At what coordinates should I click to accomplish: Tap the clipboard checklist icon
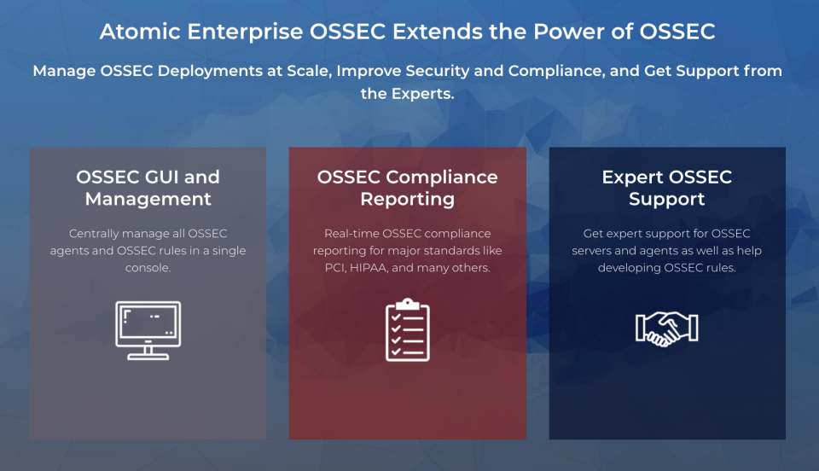coord(408,329)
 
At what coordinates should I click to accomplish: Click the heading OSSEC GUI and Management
coord(148,188)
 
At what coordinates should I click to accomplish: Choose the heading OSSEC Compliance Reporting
coord(408,188)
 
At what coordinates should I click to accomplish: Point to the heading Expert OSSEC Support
coord(667,188)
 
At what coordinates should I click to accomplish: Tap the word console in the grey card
coord(148,268)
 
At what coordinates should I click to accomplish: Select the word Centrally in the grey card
coord(96,233)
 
